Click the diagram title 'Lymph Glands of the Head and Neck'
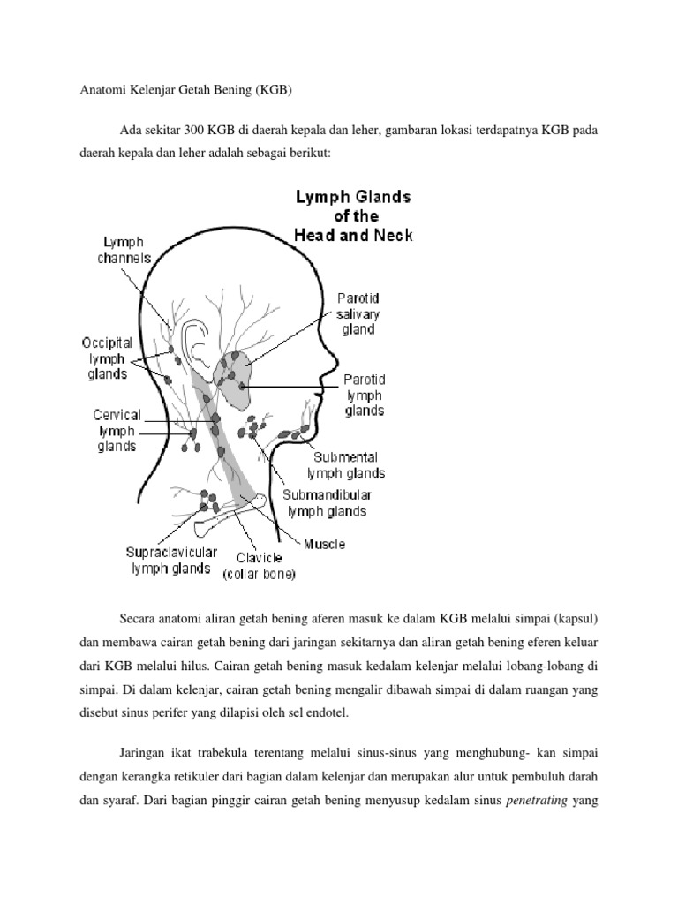click(353, 216)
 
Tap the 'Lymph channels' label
click(124, 251)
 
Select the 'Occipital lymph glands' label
click(106, 358)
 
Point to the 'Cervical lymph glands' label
click(117, 430)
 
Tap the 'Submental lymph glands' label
click(346, 465)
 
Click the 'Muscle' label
click(325, 544)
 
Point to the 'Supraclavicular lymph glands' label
click(170, 561)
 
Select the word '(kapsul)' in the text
click(579, 615)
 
